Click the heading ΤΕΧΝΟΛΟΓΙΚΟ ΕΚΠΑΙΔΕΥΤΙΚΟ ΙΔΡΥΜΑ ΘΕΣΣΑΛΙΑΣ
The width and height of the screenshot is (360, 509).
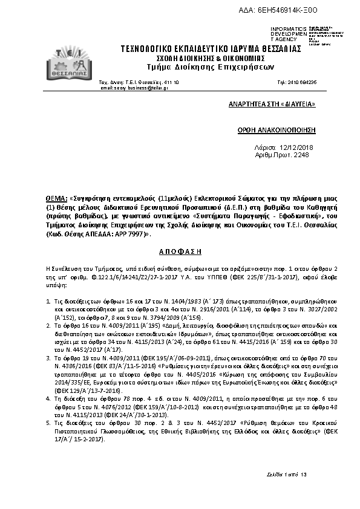point(211,48)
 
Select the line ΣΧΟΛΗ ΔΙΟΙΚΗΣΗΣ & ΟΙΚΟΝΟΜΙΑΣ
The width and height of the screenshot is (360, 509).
point(211,58)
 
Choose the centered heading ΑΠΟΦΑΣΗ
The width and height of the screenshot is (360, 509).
point(180,250)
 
